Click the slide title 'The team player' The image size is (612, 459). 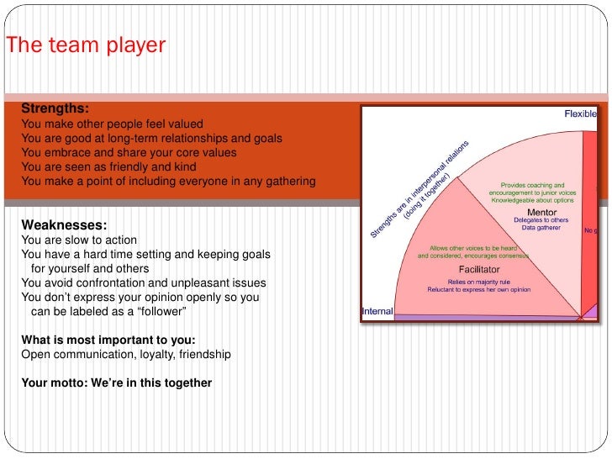(x=86, y=45)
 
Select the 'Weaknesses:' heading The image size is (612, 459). (x=64, y=224)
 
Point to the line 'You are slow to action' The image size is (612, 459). (x=78, y=240)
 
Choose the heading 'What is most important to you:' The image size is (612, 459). (x=108, y=340)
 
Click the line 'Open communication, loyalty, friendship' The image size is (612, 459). (x=125, y=355)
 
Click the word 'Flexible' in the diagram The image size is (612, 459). (x=580, y=114)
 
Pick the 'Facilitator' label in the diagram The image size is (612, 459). (x=481, y=271)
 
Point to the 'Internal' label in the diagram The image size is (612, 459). (x=377, y=312)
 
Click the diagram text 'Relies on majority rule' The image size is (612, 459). (x=480, y=282)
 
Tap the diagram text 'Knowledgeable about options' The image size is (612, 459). (x=532, y=200)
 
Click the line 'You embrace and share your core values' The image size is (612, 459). (x=129, y=152)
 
